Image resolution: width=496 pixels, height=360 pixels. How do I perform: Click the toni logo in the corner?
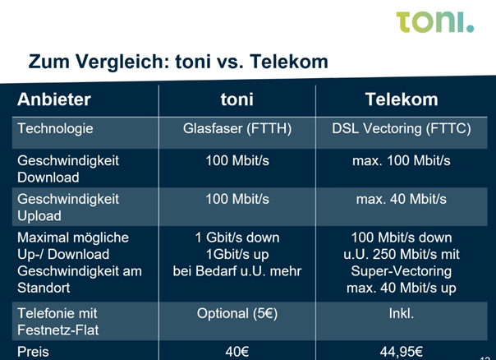(x=435, y=22)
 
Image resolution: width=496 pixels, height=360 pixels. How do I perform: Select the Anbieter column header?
(x=54, y=99)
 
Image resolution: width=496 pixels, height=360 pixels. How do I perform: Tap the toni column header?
(x=237, y=99)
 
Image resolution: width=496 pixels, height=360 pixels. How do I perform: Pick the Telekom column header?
(x=402, y=99)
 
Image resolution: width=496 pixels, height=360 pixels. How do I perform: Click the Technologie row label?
(x=55, y=129)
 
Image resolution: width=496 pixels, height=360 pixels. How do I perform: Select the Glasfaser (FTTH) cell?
(x=237, y=129)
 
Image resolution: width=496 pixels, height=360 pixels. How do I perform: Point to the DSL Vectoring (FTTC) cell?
(x=402, y=129)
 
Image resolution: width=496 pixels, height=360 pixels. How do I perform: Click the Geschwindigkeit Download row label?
(x=68, y=168)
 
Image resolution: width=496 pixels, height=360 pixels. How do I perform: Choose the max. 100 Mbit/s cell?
(x=402, y=160)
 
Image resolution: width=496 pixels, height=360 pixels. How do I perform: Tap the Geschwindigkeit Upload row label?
(x=68, y=207)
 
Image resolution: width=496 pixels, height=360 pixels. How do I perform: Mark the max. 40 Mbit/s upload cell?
(x=402, y=199)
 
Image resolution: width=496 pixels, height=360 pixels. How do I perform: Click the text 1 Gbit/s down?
(x=237, y=238)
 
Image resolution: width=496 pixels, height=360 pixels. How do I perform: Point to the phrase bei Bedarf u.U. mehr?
(x=237, y=271)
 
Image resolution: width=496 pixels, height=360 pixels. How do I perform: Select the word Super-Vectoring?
(x=402, y=271)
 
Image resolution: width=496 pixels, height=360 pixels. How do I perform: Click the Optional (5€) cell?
(x=237, y=314)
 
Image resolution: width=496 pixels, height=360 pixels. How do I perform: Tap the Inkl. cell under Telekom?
(x=402, y=313)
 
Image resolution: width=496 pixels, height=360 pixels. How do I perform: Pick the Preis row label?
(x=33, y=352)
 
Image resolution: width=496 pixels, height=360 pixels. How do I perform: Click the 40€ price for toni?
(x=237, y=352)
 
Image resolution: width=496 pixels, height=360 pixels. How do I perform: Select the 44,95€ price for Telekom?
(x=402, y=352)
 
